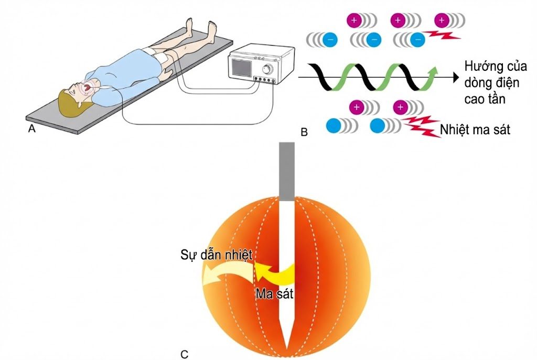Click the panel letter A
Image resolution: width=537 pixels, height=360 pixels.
(x=32, y=129)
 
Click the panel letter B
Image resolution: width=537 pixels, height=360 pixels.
(x=304, y=132)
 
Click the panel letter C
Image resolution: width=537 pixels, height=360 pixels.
(x=184, y=354)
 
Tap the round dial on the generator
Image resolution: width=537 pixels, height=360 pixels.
(x=267, y=70)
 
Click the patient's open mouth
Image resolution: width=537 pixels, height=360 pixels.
(x=88, y=88)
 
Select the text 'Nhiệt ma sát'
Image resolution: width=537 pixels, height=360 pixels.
(x=475, y=129)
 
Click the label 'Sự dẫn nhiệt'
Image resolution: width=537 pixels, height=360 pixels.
(x=217, y=255)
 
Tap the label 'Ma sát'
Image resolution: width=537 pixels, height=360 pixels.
(x=274, y=294)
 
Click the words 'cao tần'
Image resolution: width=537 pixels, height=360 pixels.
(x=485, y=99)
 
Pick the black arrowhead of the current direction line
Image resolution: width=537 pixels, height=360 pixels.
(x=456, y=78)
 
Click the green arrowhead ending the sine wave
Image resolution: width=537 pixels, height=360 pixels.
(x=433, y=71)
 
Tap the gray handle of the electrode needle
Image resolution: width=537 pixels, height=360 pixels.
(x=287, y=171)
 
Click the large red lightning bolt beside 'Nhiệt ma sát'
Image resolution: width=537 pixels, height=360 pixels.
(x=422, y=126)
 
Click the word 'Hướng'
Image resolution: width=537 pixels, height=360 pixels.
(x=481, y=67)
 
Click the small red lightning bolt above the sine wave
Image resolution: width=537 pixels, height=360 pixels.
(x=442, y=35)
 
